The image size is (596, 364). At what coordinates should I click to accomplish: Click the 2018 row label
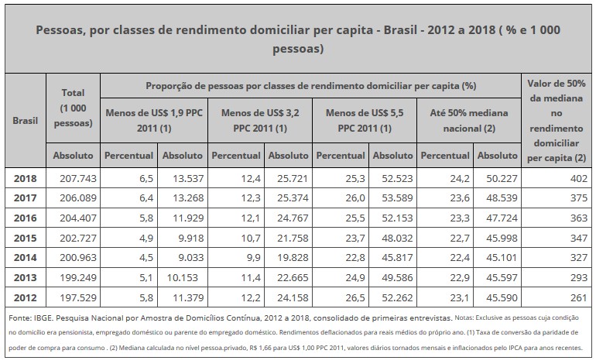[x=25, y=178]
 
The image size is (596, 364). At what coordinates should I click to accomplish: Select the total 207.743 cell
[x=77, y=178]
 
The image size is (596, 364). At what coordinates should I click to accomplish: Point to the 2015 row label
[x=25, y=237]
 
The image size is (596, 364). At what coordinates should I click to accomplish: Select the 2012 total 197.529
[x=77, y=295]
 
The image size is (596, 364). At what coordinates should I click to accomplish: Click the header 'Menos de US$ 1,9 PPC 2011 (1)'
[x=153, y=120]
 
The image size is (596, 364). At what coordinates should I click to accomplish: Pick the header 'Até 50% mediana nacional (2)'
[x=469, y=120]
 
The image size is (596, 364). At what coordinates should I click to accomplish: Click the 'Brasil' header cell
[x=25, y=121]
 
